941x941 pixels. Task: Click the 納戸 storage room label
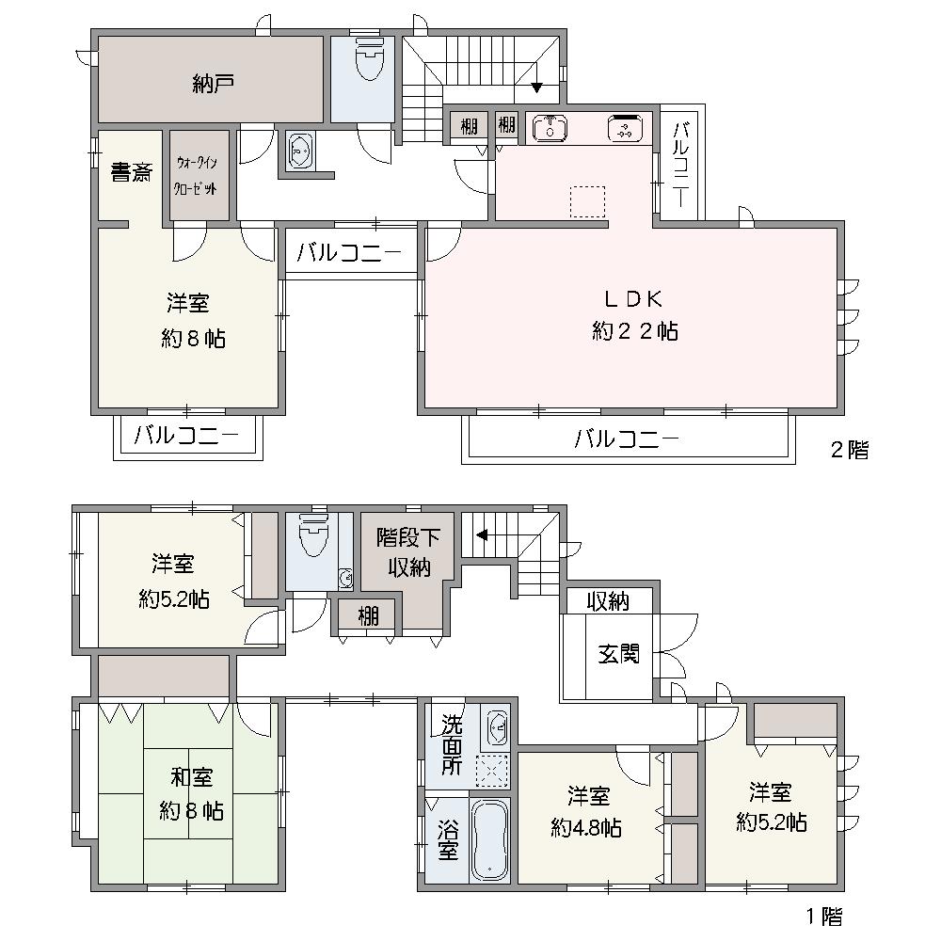[x=213, y=84]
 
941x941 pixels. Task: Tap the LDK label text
[x=633, y=298]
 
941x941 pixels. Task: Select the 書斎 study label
[x=132, y=173]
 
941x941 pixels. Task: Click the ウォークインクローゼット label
[x=196, y=175]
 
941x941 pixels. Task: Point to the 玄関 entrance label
[x=618, y=653]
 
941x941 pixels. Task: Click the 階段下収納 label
[x=408, y=552]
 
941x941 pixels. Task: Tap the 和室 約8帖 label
[x=191, y=794]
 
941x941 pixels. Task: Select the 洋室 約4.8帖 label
[x=586, y=812]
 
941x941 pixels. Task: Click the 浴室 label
[x=448, y=840]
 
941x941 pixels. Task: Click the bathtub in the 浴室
[x=490, y=840]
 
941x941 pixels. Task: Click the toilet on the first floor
[x=311, y=534]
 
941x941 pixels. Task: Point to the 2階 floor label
[x=849, y=450]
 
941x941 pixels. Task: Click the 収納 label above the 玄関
[x=607, y=601]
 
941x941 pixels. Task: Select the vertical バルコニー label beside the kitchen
[x=680, y=164]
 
